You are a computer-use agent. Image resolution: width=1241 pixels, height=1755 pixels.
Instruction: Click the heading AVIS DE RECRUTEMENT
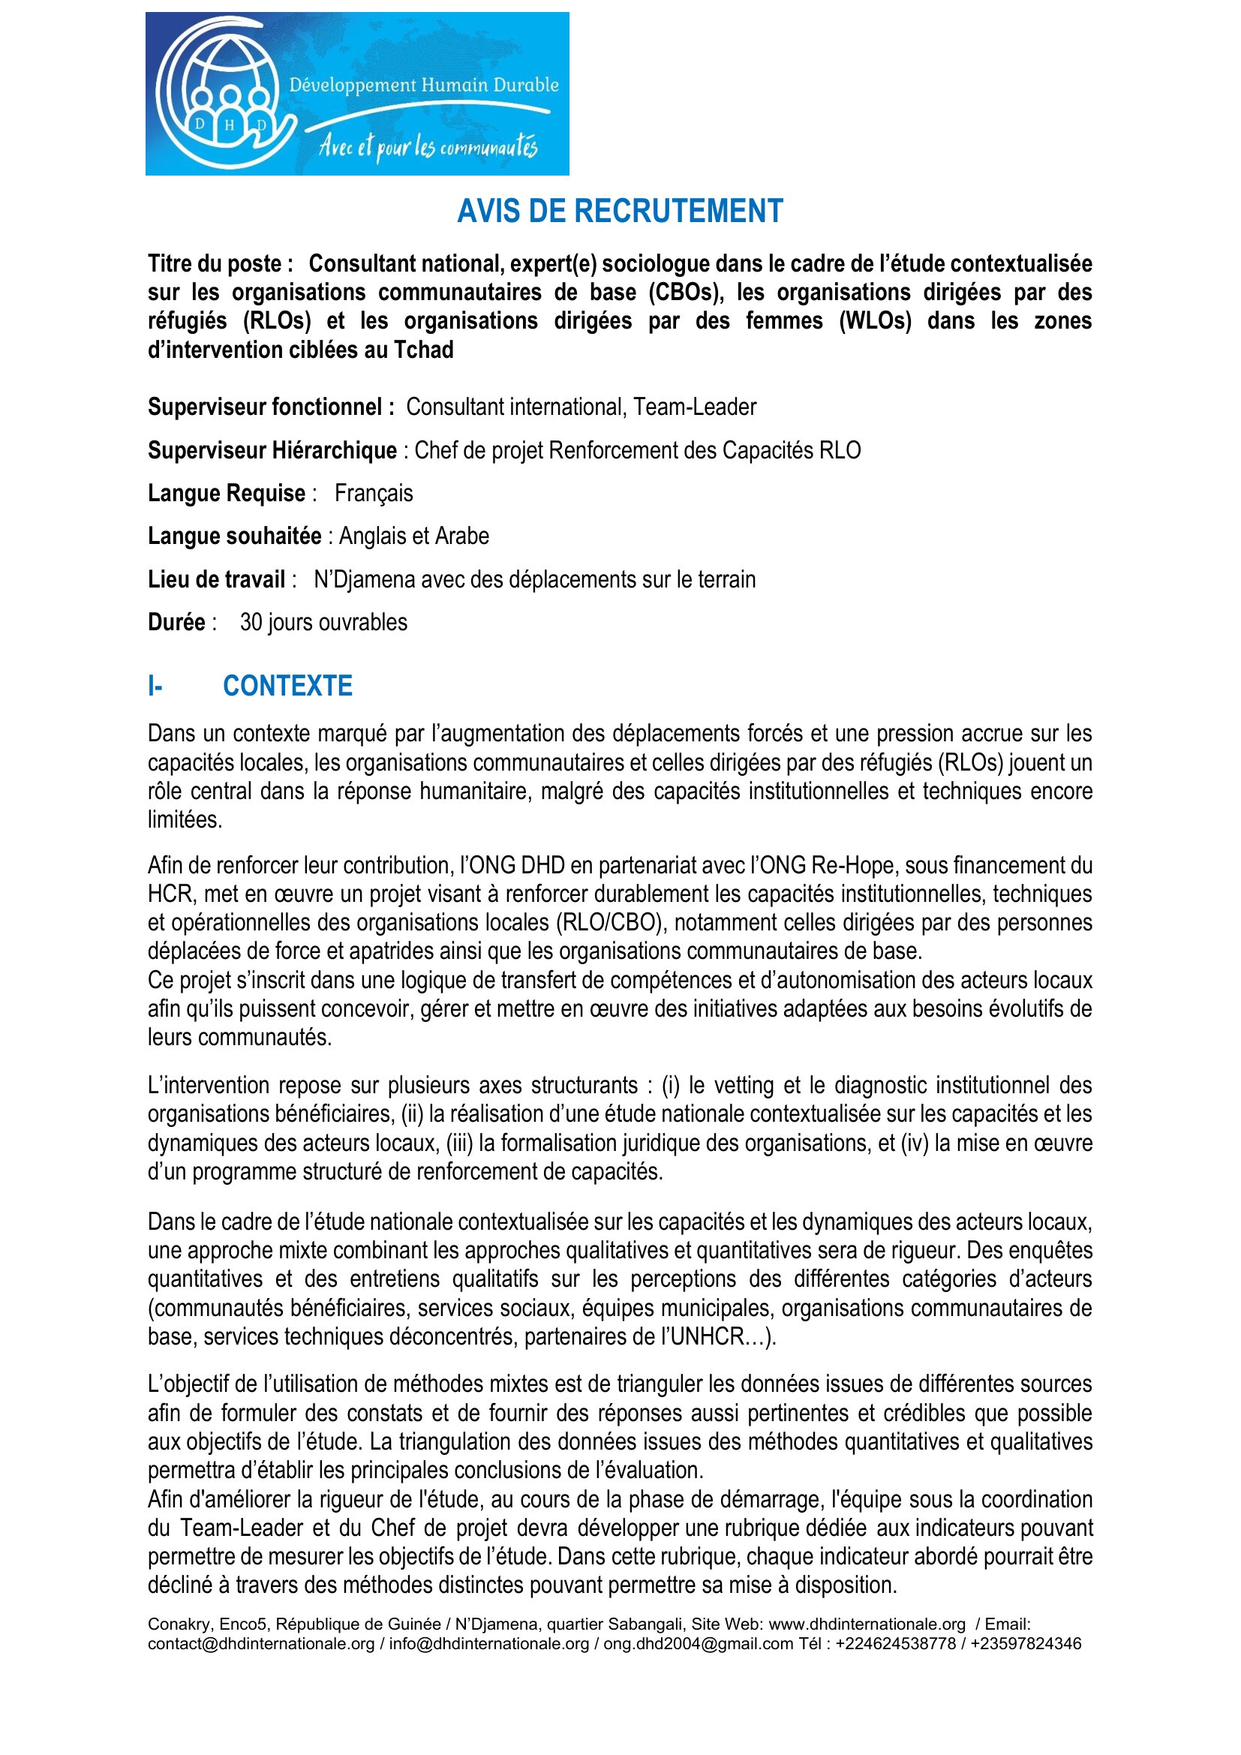click(620, 212)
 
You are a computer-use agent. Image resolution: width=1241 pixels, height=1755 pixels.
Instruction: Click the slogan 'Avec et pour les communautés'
click(428, 146)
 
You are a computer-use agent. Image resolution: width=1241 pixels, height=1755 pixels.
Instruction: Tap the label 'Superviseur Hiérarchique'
click(272, 450)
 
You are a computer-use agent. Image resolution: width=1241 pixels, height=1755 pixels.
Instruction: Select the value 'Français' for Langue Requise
click(374, 494)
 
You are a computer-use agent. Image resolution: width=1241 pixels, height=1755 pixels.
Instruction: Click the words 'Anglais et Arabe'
click(413, 536)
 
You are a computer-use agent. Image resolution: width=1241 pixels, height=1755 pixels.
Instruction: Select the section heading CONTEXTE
click(287, 687)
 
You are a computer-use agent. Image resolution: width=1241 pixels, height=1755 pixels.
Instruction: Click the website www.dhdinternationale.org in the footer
click(867, 1624)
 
